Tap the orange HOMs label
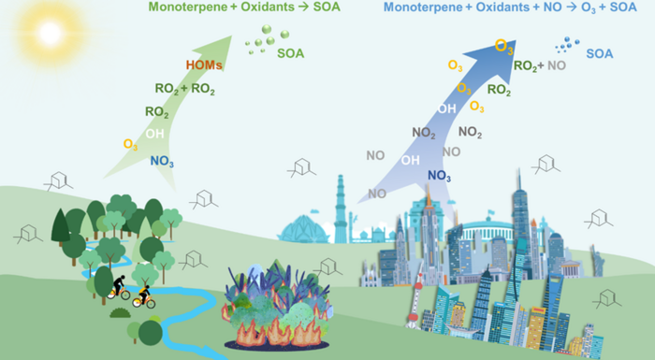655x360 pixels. point(204,66)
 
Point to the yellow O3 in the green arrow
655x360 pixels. point(131,144)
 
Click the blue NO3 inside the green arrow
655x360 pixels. point(162,161)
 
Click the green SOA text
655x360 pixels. point(289,54)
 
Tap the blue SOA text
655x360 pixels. point(599,54)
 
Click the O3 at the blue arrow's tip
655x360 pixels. point(503,46)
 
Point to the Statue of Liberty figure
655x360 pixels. point(426,210)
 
